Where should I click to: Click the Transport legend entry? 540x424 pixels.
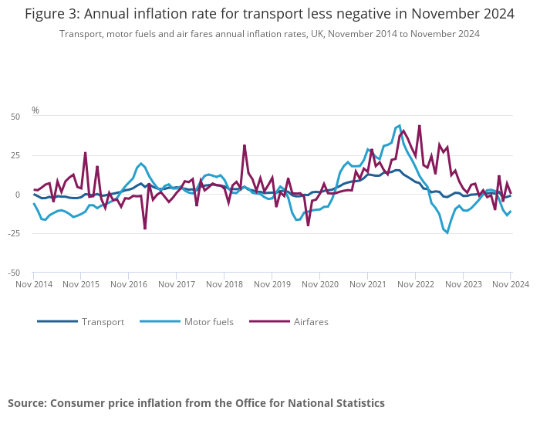[x=103, y=321]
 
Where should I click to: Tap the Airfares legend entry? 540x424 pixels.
[x=311, y=321]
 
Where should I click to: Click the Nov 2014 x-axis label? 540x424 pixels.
[x=34, y=284]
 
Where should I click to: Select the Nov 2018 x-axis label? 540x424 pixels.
[x=224, y=284]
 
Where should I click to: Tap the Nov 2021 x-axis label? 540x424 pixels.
[x=368, y=284]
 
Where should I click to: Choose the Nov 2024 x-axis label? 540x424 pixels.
[x=509, y=284]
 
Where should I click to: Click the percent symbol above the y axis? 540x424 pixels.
[x=35, y=110]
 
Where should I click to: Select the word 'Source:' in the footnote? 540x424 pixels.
[x=28, y=403]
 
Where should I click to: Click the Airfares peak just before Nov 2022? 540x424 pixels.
[x=419, y=125]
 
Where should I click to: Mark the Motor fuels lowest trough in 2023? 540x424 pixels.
[x=447, y=232]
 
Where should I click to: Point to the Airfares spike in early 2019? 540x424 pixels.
[x=245, y=145]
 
